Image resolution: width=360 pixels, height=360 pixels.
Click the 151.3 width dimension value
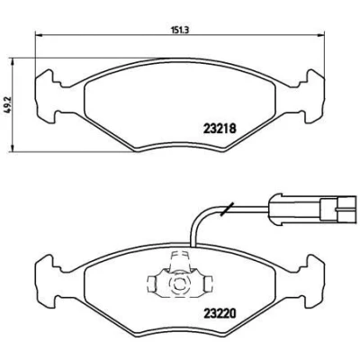[x=179, y=30]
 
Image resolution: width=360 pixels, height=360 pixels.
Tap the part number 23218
[x=220, y=129]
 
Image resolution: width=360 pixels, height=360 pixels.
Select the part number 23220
[x=220, y=313]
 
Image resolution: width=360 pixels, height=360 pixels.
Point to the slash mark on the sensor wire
[x=227, y=209]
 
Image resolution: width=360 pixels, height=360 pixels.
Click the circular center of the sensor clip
[x=178, y=283]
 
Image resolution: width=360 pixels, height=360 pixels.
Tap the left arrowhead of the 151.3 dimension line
[x=39, y=35]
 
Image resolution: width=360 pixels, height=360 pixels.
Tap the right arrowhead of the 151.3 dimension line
[x=321, y=35]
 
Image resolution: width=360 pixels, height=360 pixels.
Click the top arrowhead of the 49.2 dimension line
[x=13, y=61]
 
